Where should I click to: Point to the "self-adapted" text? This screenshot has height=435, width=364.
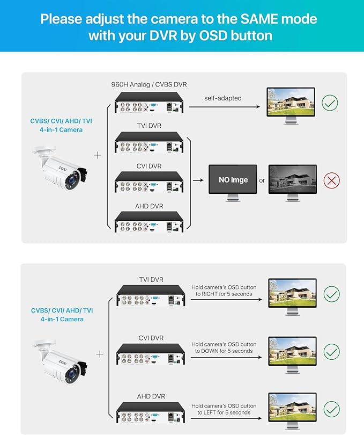[222, 98]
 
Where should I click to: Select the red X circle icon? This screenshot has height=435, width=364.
[332, 180]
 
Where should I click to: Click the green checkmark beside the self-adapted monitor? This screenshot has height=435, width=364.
[330, 103]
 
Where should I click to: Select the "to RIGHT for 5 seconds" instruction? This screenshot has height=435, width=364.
[224, 294]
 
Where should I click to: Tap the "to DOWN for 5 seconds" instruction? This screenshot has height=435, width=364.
[224, 351]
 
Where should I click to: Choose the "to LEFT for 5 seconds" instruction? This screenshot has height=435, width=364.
[224, 412]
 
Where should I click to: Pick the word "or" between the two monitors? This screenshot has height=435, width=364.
[262, 180]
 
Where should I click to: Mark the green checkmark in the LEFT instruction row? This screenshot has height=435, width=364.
[332, 410]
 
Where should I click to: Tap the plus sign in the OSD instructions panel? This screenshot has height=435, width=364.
[99, 354]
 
